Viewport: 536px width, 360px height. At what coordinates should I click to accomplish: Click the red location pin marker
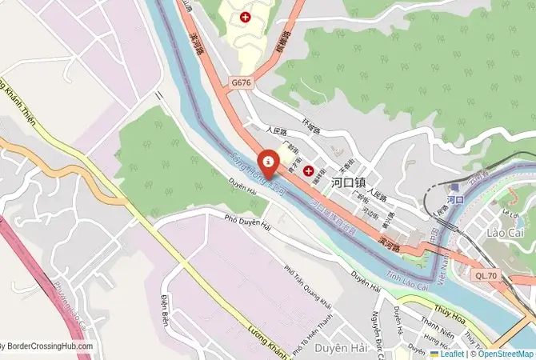point(268,162)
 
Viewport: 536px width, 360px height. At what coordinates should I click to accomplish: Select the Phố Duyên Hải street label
point(248,219)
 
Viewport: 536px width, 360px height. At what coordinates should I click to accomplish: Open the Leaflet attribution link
point(452,353)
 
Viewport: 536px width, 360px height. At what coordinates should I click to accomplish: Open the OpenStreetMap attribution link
point(506,353)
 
